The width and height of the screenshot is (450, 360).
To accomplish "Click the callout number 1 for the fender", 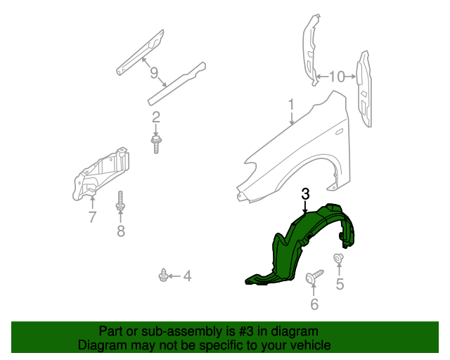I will click(290, 105).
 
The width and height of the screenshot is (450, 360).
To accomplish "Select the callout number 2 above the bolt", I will click(156, 117).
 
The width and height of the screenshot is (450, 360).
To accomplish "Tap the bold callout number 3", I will click(305, 193).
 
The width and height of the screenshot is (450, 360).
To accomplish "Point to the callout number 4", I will click(187, 276).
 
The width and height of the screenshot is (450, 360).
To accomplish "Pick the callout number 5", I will click(340, 285).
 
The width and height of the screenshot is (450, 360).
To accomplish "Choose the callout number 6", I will click(314, 304).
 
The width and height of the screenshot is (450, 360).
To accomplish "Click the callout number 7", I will click(92, 217).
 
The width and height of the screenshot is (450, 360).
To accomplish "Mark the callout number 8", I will click(120, 231).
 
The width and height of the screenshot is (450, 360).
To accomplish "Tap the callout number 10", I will click(336, 76).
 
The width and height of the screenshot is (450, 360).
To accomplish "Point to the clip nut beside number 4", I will click(163, 275).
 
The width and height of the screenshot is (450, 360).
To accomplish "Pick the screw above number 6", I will click(314, 276).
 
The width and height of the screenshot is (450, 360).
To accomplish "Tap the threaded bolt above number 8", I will click(120, 202).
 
